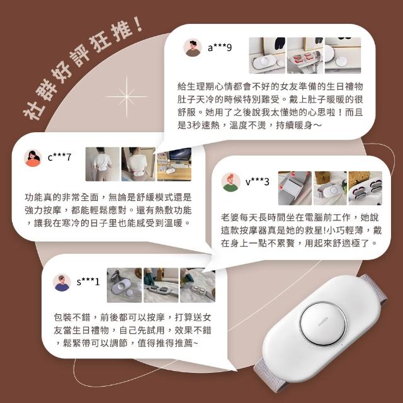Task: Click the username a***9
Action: pyautogui.click(x=220, y=47)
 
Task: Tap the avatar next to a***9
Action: pyautogui.click(x=193, y=48)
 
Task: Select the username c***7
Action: pyautogui.click(x=59, y=157)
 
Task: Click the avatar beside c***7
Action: pyautogui.click(x=33, y=158)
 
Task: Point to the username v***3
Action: pyautogui.click(x=258, y=182)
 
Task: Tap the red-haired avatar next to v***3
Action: pyautogui.click(x=230, y=182)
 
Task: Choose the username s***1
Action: pyautogui.click(x=88, y=281)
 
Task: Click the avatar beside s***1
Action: pyautogui.click(x=62, y=283)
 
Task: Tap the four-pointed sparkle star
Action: pyautogui.click(x=127, y=97)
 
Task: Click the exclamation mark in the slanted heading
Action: pyautogui.click(x=139, y=24)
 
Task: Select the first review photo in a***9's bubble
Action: pyautogui.click(x=267, y=55)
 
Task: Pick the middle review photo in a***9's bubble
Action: pyautogui.click(x=305, y=55)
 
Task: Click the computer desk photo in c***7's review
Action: pyautogui.click(x=174, y=164)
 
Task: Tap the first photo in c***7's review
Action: pyautogui.click(x=103, y=164)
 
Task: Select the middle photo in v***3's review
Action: pyautogui.click(x=330, y=188)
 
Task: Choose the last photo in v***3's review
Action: pyautogui.click(x=365, y=188)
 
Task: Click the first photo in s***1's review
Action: pyautogui.click(x=124, y=285)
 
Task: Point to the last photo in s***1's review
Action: pyautogui.click(x=198, y=285)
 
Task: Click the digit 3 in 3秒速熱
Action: pyautogui.click(x=189, y=125)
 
